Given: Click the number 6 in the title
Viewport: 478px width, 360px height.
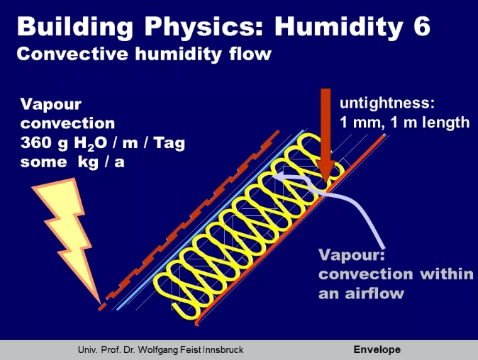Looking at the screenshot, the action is pyautogui.click(x=421, y=26).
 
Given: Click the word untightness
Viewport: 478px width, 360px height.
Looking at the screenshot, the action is pyautogui.click(x=387, y=103).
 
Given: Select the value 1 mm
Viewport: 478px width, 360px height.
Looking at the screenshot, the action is pyautogui.click(x=362, y=123).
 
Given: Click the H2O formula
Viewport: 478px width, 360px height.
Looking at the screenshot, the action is pyautogui.click(x=90, y=143).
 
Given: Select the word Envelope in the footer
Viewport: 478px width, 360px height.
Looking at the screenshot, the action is pyautogui.click(x=377, y=349).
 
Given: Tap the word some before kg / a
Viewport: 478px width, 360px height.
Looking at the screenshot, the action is pyautogui.click(x=43, y=162).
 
